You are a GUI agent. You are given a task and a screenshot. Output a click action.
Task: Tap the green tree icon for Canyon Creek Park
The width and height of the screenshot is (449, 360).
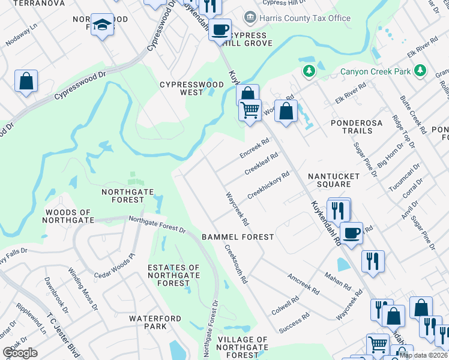pyautogui.click(x=309, y=71)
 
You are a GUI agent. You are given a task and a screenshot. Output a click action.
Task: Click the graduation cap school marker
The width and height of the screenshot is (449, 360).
pyautogui.click(x=102, y=25)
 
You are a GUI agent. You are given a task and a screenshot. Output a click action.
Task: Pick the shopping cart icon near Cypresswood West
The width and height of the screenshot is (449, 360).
pyautogui.click(x=250, y=109)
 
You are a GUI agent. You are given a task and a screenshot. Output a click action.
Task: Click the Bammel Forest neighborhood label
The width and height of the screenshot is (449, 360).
pyautogui.click(x=238, y=237)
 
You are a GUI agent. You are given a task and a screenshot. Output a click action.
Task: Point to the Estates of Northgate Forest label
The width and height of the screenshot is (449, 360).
pyautogui.click(x=173, y=275)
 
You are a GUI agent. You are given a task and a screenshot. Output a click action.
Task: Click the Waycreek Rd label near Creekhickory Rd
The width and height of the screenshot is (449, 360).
pyautogui.click(x=237, y=209)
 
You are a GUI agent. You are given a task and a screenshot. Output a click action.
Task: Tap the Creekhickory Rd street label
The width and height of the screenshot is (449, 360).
pyautogui.click(x=268, y=186)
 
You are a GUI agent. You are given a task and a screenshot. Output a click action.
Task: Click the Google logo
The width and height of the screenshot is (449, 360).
pyautogui.click(x=20, y=353)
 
